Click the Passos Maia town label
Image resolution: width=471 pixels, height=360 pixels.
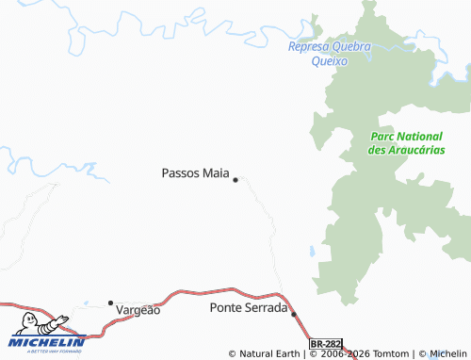click(195, 173)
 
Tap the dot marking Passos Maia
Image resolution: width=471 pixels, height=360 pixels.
click(235, 179)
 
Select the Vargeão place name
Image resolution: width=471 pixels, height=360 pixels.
click(138, 309)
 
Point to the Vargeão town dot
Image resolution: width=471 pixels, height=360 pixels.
click(110, 303)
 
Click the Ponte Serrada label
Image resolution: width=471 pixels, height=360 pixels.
click(248, 308)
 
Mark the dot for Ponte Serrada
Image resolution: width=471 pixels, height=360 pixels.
click(294, 314)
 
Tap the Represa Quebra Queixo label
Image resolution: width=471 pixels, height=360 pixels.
click(330, 54)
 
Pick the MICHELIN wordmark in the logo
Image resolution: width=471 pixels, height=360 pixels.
click(47, 342)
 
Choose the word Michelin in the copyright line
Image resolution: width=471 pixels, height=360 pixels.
click(448, 354)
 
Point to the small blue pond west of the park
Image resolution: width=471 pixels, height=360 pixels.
click(312, 252)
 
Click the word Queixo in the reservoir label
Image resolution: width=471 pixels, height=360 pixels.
click(330, 61)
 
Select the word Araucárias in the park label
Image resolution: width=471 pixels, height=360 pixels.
click(418, 150)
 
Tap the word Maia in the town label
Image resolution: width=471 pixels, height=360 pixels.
click(215, 173)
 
